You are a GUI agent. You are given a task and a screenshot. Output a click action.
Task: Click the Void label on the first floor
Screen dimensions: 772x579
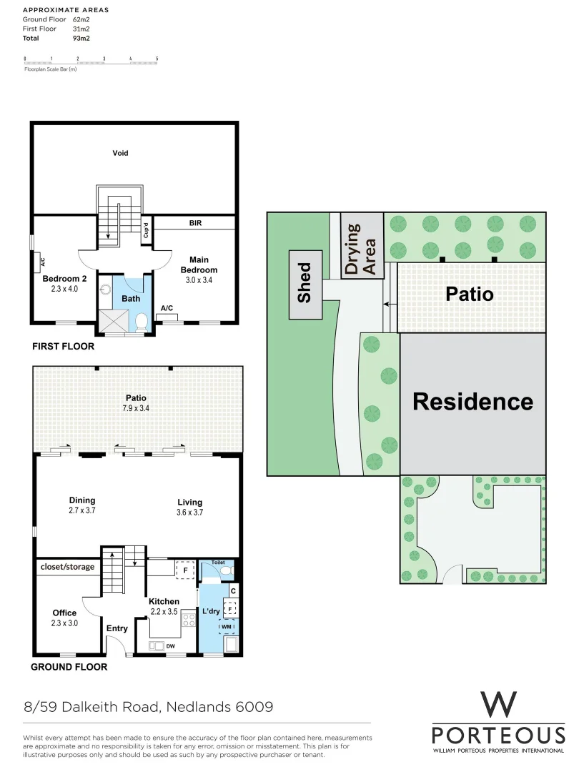(120, 153)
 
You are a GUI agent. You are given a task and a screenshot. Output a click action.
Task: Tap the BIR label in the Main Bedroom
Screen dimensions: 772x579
(195, 223)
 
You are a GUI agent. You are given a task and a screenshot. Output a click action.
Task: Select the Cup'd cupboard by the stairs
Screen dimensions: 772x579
(146, 230)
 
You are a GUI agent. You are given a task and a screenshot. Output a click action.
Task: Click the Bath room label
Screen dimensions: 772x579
(131, 298)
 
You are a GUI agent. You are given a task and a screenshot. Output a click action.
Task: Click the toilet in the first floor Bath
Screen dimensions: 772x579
(141, 322)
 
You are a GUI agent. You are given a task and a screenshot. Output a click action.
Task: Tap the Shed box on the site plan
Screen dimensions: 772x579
(305, 284)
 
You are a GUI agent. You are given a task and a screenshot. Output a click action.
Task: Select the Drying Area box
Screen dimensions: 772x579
(362, 247)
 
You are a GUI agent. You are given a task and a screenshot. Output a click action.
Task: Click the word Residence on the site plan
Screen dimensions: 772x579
(472, 401)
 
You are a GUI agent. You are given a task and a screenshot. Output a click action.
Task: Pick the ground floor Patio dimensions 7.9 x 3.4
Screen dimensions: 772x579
(136, 408)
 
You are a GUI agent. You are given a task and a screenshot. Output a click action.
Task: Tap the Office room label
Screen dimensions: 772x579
(64, 613)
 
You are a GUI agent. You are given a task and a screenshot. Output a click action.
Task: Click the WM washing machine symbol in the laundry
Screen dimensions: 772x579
(227, 626)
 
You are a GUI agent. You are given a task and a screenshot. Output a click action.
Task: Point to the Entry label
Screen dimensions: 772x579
(117, 628)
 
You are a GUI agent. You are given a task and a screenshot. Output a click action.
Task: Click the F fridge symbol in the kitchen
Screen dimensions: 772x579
(185, 571)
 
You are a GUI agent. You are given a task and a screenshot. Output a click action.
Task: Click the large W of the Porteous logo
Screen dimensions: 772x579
(498, 704)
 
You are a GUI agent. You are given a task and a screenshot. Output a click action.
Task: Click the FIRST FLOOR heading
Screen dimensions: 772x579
(63, 346)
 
